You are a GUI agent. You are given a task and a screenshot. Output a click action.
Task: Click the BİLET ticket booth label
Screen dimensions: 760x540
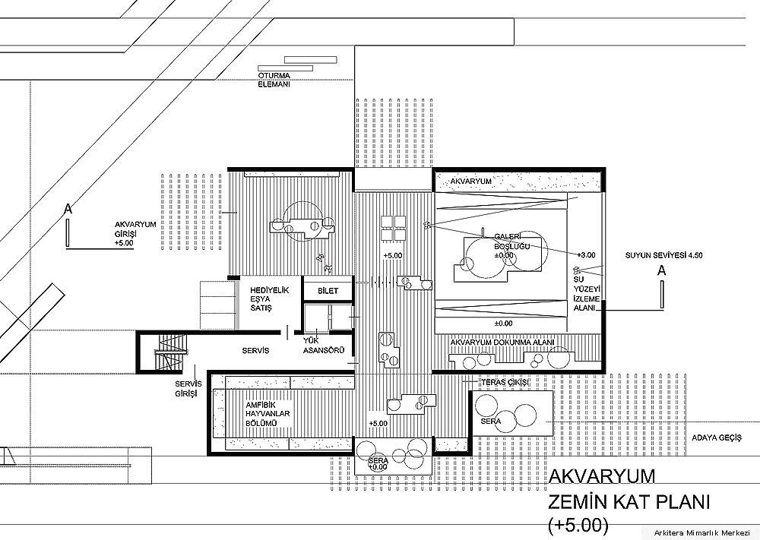[x=328, y=291]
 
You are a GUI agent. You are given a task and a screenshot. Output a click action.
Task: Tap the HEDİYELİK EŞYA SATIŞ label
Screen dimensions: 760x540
[x=269, y=298]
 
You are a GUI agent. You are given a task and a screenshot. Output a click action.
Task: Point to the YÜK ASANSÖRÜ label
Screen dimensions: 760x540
[x=324, y=346]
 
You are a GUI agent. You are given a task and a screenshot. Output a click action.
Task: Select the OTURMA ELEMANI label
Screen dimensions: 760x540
[x=274, y=80]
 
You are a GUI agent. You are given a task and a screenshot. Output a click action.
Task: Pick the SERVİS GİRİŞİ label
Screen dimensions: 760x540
[x=188, y=388]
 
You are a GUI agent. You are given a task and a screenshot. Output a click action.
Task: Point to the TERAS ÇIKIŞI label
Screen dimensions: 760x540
[x=504, y=383]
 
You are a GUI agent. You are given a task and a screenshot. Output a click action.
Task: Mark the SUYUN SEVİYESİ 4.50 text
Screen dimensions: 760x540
[x=663, y=255]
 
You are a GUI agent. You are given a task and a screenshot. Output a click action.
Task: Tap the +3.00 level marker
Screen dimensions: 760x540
[x=586, y=255]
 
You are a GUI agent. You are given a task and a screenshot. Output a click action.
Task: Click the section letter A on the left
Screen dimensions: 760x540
[x=68, y=209]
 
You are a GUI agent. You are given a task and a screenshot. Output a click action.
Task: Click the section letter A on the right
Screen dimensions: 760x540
[x=662, y=271]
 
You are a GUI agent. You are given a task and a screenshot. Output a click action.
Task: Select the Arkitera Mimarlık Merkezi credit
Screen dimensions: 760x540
[x=704, y=532]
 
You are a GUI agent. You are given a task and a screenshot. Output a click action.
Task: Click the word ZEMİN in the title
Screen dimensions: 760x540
[x=576, y=502]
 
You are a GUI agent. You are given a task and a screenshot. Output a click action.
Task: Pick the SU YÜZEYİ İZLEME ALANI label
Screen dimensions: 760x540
[x=587, y=293]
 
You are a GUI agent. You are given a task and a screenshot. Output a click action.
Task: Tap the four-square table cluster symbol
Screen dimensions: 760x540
[x=393, y=228]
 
